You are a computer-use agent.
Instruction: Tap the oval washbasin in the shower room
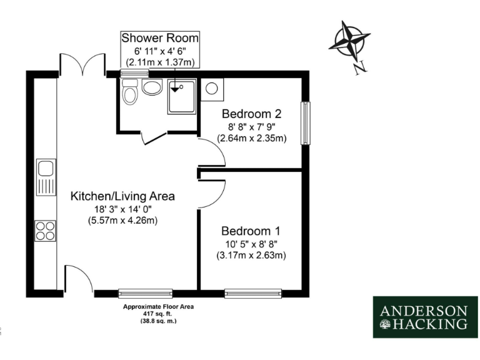pos(152,87)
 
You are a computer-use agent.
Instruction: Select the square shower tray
pos(181,96)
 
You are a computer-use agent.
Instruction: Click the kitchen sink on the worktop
pos(46,177)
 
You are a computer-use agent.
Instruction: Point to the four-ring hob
pos(46,231)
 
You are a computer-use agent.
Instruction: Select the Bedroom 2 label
pos(251,114)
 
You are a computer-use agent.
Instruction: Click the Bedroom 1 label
pos(251,229)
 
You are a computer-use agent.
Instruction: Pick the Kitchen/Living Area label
pos(122,196)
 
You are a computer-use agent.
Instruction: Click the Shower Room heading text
pos(160,37)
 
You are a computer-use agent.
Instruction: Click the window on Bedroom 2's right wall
pos(305,122)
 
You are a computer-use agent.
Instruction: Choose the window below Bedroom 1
pos(252,292)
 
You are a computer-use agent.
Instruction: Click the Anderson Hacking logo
pos(424,317)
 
